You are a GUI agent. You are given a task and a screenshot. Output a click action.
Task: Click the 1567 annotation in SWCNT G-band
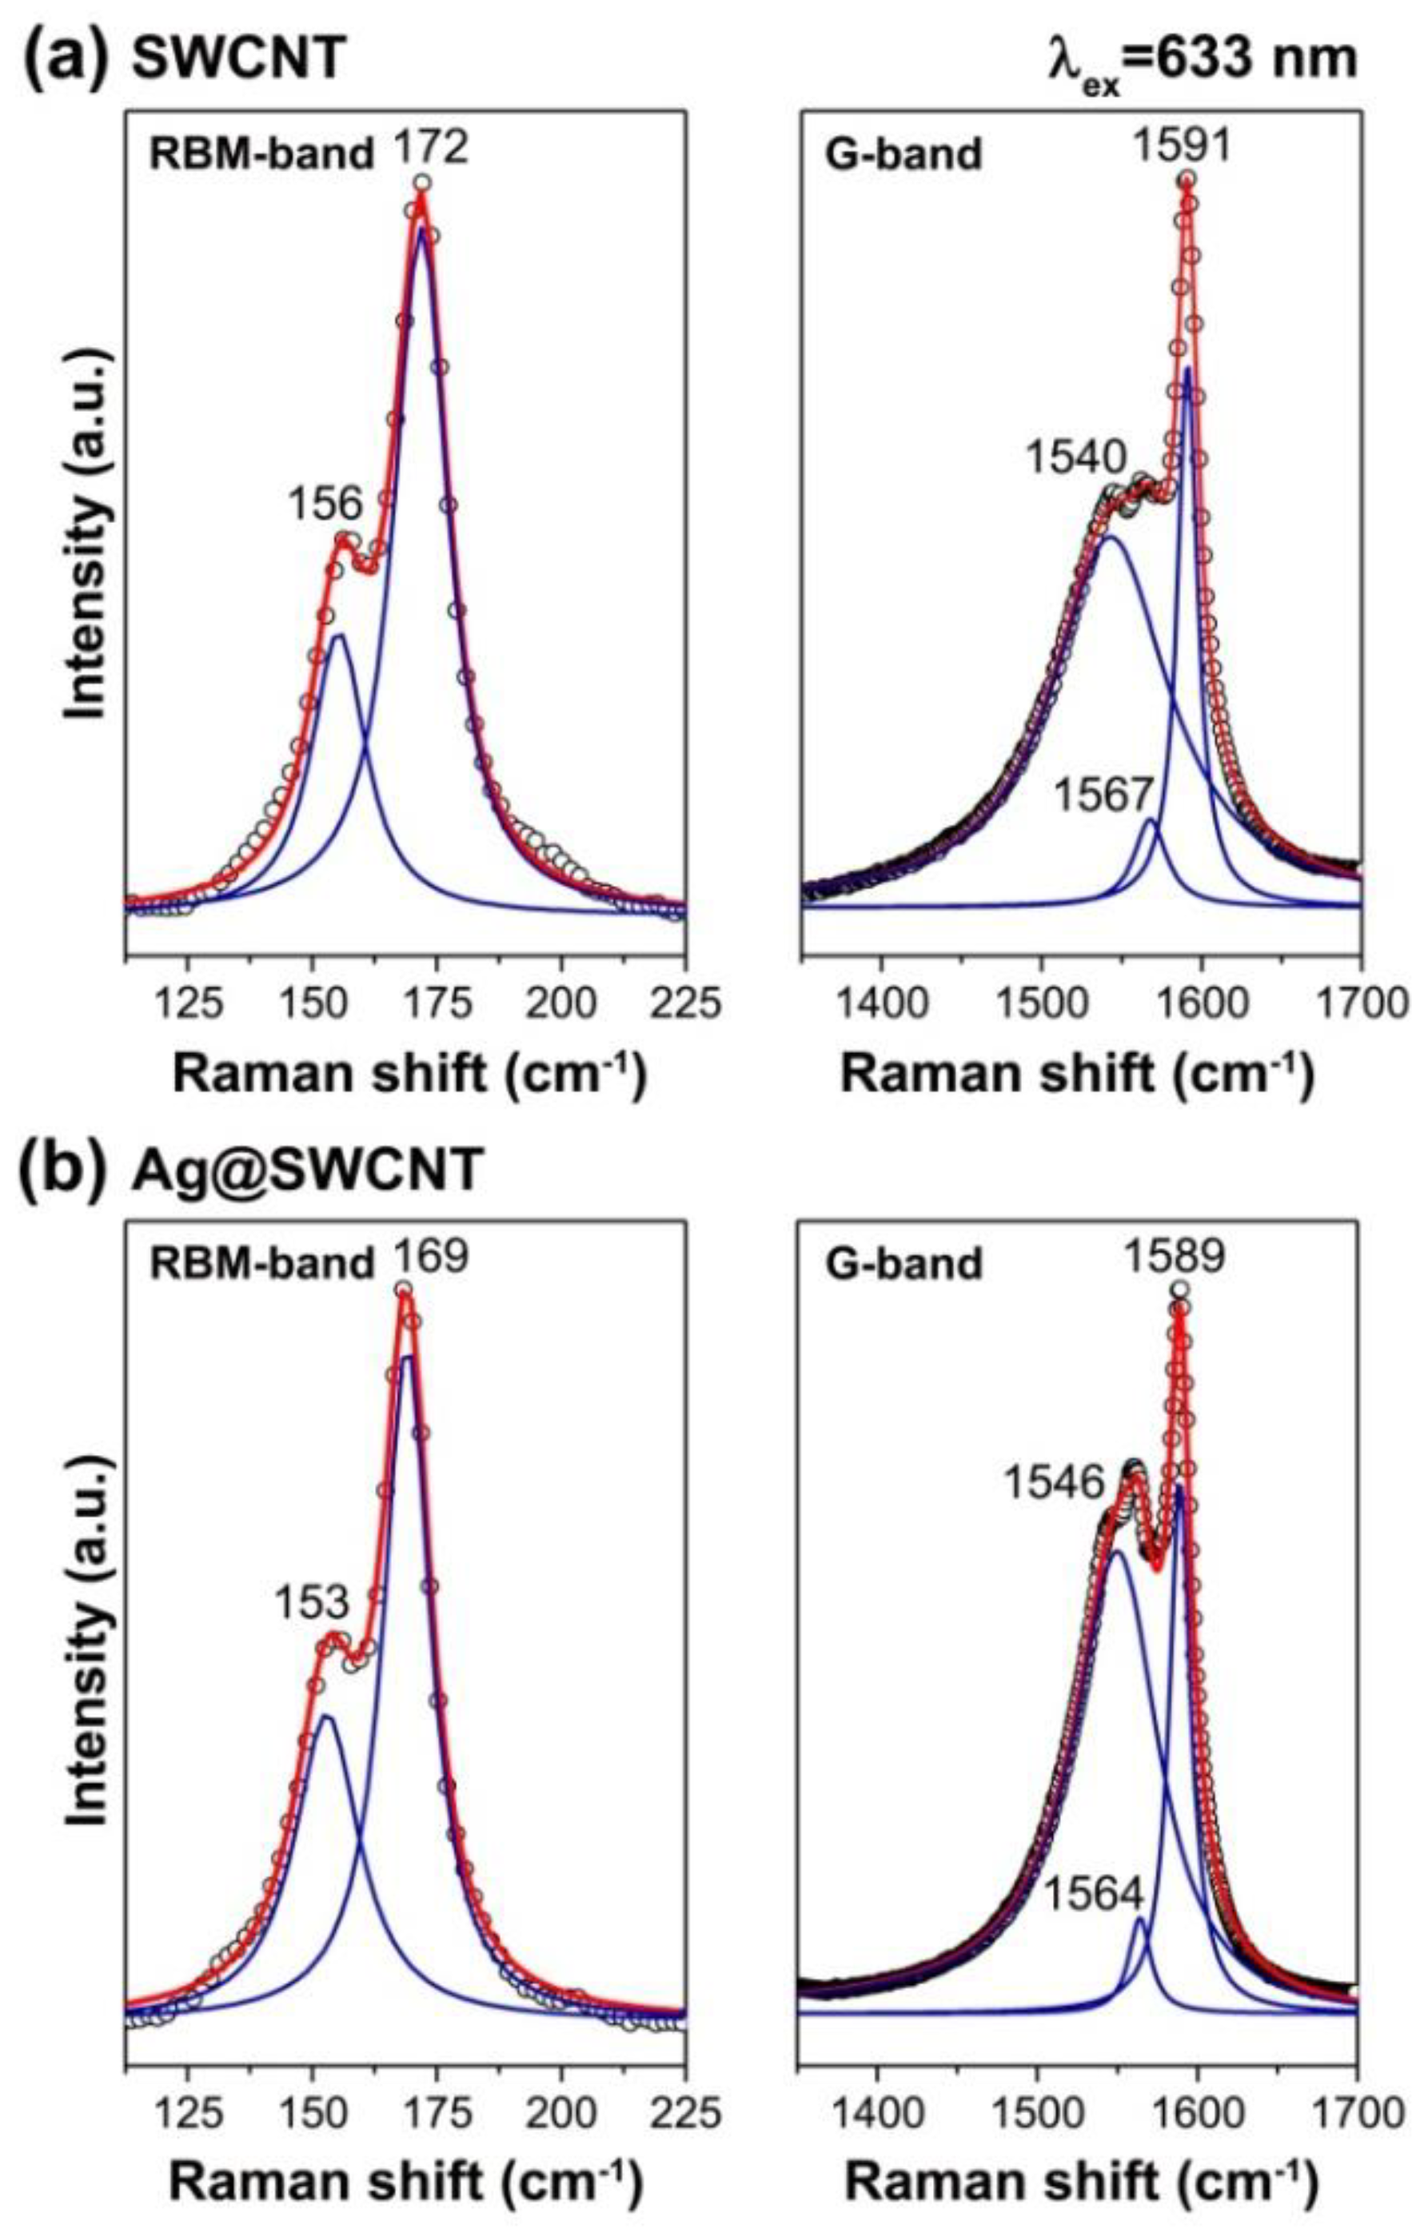pos(1104,796)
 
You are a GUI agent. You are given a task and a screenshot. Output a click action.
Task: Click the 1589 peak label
pos(1175,1257)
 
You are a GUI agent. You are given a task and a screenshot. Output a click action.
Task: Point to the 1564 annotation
pos(1096,1896)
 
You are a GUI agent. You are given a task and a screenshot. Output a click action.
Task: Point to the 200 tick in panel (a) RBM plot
pos(560,1003)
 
